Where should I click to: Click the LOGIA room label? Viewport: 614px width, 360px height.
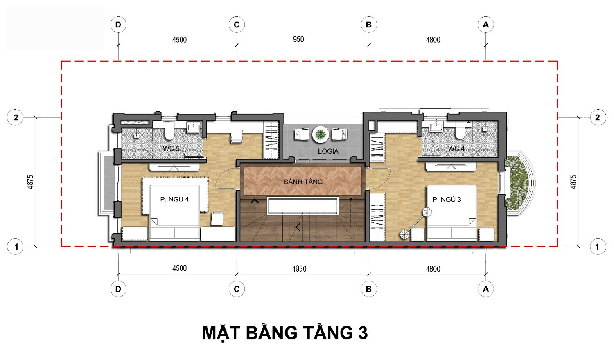pos(328,151)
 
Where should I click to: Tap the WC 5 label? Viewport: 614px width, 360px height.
pos(171,148)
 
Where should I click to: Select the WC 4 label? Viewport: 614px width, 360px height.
pos(456,148)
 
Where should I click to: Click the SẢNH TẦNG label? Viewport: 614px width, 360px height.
pos(303,181)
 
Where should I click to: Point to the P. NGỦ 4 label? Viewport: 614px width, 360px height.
pos(174,199)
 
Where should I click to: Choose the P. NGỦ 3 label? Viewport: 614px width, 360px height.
pos(447,200)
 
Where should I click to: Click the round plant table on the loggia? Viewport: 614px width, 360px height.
pos(321,134)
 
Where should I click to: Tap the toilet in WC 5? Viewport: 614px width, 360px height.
pos(169,130)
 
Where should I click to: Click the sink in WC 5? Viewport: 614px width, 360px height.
pos(194,127)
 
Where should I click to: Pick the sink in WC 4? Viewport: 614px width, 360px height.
pos(436,127)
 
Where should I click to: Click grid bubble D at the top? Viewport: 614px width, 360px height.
pos(118,25)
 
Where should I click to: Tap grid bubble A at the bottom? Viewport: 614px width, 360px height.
pos(485,289)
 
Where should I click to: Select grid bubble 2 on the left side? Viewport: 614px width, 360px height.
pos(16,117)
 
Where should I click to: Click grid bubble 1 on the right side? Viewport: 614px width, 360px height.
pos(598,247)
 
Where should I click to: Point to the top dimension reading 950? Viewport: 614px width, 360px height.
pos(298,39)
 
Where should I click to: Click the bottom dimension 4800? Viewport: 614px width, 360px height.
pos(433,269)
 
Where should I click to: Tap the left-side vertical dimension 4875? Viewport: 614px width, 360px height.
pos(30,182)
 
